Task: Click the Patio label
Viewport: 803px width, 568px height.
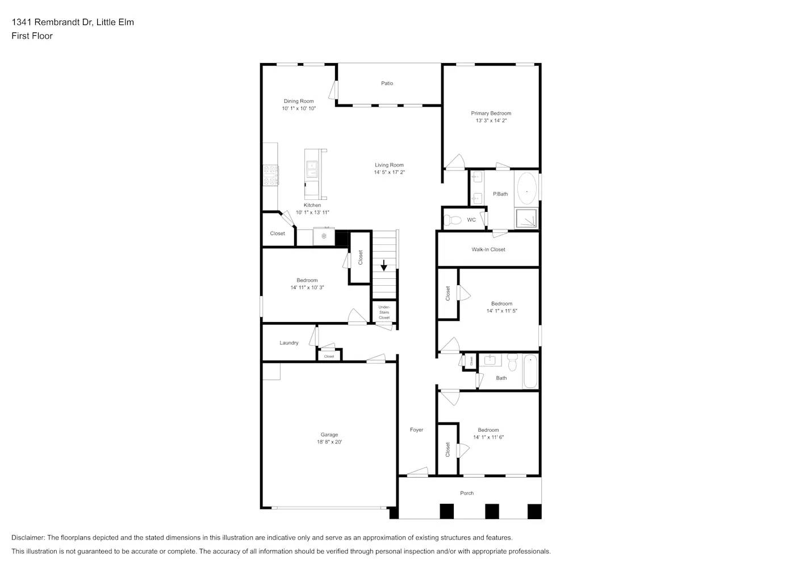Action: (387, 83)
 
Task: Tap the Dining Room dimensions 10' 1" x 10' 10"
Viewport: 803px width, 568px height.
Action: (299, 108)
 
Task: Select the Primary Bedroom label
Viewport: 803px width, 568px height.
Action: (491, 114)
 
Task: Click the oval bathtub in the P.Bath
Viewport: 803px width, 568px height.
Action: (526, 189)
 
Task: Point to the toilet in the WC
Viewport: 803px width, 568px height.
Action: (453, 220)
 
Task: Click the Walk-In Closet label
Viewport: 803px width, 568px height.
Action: (488, 249)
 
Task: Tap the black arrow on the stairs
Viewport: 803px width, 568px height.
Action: (384, 265)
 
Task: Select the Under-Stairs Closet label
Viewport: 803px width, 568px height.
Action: (384, 312)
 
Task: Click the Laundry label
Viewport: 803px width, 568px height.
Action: (288, 343)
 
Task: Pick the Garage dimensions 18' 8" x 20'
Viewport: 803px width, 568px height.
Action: (329, 442)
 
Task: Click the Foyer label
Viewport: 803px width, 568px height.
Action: (416, 430)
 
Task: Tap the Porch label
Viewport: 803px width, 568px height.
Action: (467, 493)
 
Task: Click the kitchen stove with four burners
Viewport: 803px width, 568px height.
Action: (270, 175)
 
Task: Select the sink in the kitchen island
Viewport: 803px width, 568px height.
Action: (312, 167)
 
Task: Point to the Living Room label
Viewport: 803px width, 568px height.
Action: (389, 165)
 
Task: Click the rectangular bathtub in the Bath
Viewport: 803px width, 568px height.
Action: (530, 371)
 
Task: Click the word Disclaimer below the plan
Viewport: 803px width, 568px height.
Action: (28, 537)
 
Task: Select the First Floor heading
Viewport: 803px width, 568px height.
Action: (32, 36)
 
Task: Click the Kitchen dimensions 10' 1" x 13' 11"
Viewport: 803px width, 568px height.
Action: (312, 212)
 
